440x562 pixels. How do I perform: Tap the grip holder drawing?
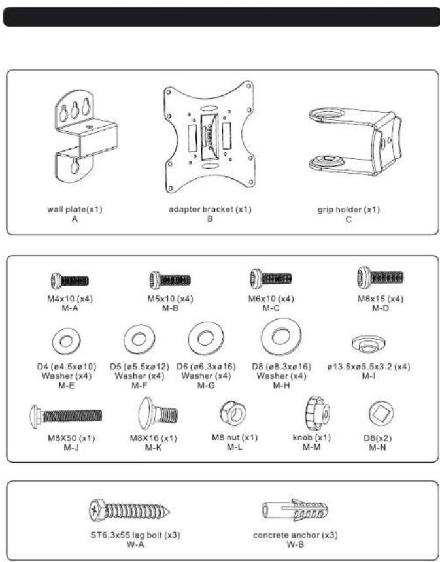[353, 141]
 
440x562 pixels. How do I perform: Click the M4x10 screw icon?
[69, 281]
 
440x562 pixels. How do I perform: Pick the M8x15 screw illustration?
[380, 279]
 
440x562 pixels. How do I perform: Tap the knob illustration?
[316, 412]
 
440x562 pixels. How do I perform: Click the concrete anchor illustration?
[295, 510]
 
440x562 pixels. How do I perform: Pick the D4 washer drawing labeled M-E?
[65, 340]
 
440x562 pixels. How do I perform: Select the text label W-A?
[135, 544]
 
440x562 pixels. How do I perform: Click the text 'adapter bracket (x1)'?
[210, 210]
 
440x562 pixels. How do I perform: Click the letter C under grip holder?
[348, 219]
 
